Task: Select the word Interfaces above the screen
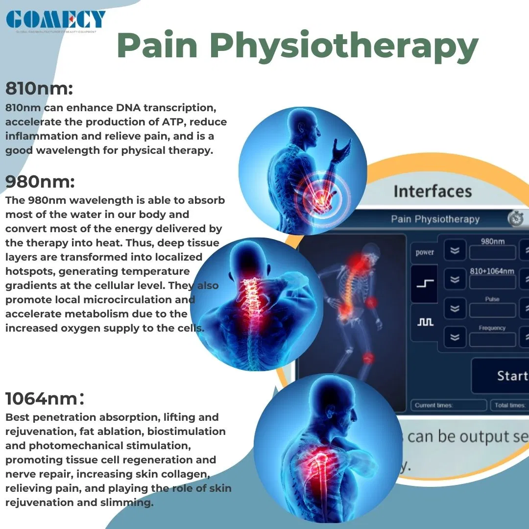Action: click(x=433, y=191)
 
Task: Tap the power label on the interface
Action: click(x=425, y=252)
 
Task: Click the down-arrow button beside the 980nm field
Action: click(x=455, y=251)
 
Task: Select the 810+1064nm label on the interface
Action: click(x=492, y=271)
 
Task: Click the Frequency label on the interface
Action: click(x=492, y=328)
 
